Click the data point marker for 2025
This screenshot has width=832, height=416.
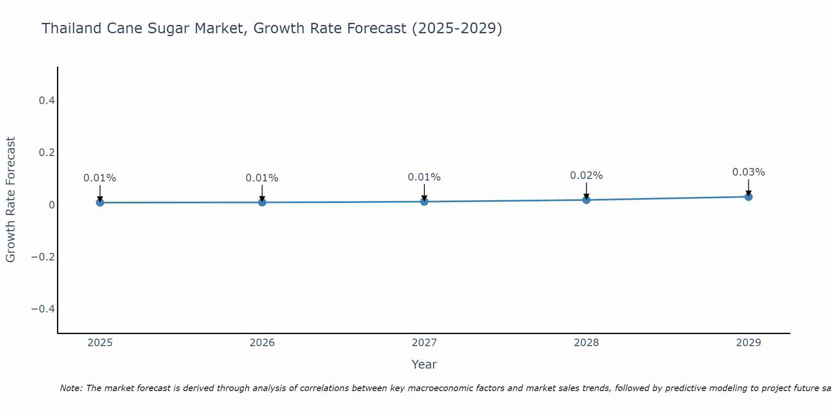point(100,203)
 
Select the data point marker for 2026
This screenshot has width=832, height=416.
point(262,202)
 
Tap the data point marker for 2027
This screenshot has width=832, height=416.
point(424,202)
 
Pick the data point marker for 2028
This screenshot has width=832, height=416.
point(587,200)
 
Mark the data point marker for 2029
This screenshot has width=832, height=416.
point(748,197)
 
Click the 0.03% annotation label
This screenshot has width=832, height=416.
point(748,172)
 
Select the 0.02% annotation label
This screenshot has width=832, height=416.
point(586,176)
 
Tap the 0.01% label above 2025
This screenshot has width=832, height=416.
point(100,178)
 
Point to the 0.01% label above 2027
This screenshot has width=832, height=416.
point(424,177)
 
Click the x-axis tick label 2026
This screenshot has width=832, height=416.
point(262,343)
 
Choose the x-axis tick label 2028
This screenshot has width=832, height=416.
point(586,343)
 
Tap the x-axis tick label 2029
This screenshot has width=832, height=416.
point(748,343)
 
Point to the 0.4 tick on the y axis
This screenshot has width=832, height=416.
point(47,101)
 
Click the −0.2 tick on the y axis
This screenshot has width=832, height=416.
point(43,257)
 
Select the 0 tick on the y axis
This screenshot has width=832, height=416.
point(52,205)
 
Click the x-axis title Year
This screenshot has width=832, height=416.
point(424,364)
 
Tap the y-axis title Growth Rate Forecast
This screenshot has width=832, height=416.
point(10,200)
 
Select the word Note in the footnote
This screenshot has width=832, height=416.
point(71,388)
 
